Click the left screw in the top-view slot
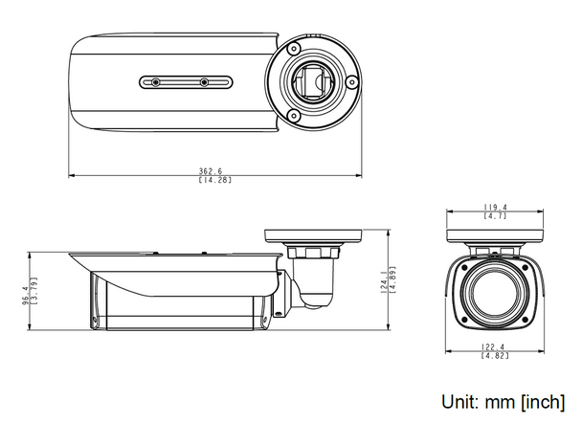154,82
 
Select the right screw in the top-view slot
203,82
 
